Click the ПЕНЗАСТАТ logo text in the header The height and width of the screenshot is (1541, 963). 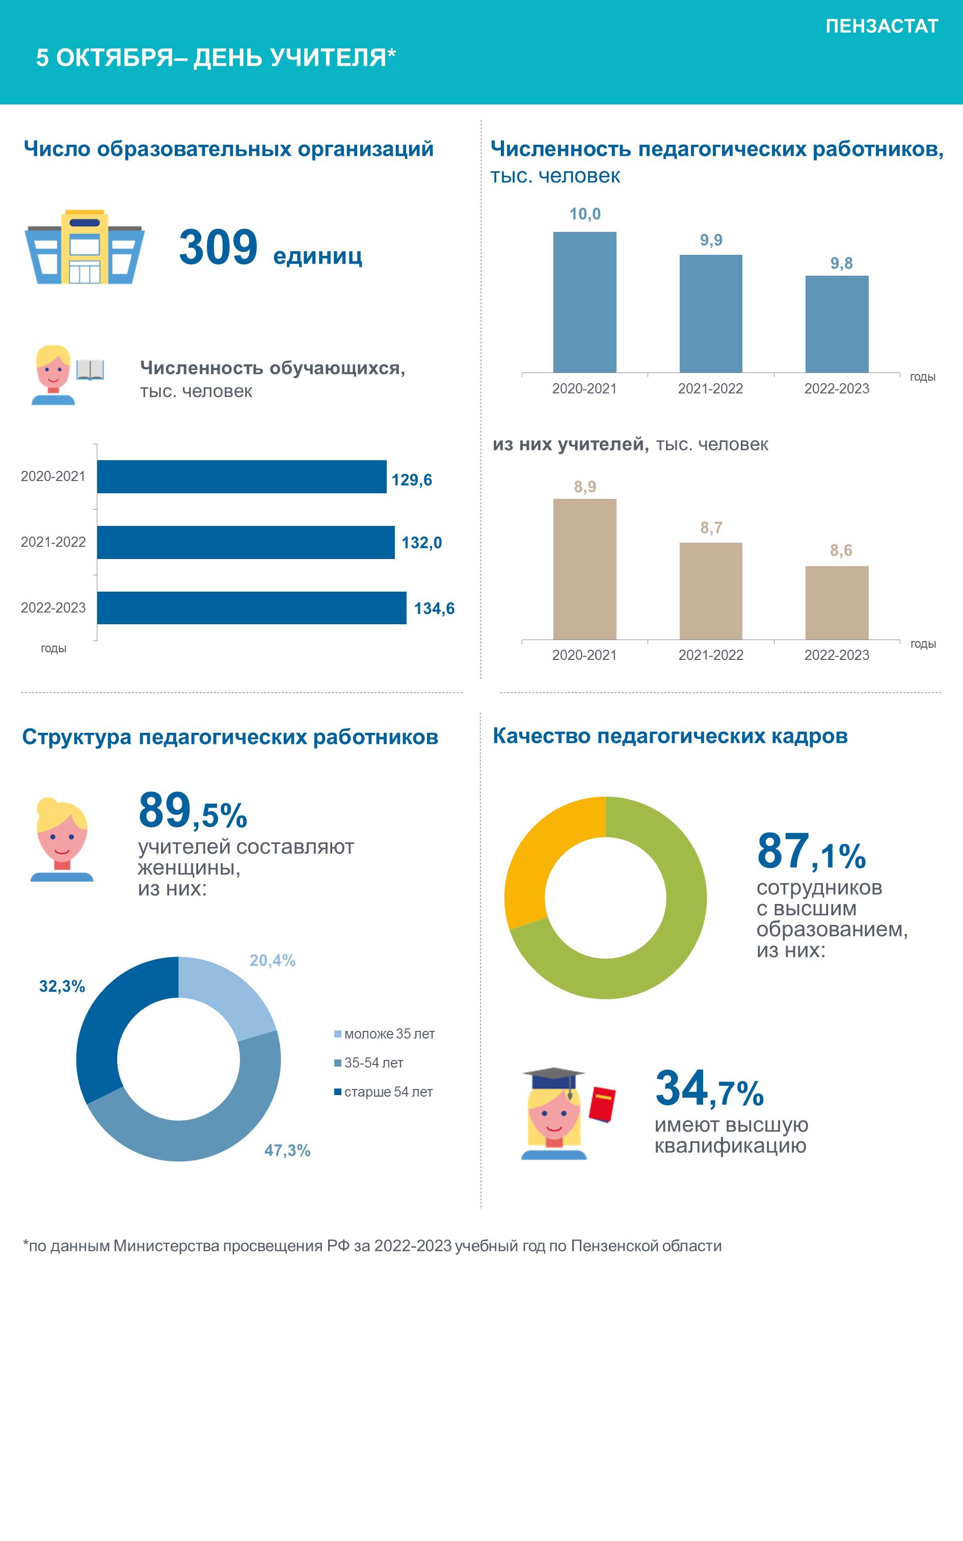tap(881, 26)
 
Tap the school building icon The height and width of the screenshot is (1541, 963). tap(85, 247)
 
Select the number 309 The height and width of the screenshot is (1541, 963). tap(219, 247)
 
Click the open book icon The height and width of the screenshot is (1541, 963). tap(90, 369)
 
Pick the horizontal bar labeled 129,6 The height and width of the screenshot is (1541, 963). tap(242, 476)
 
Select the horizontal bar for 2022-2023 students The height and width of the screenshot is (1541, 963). tap(252, 607)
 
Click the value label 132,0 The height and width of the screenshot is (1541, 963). tap(422, 543)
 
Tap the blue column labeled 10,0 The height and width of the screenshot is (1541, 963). tap(585, 302)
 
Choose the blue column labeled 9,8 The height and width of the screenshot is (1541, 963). tap(837, 324)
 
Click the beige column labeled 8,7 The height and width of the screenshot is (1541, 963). tap(711, 591)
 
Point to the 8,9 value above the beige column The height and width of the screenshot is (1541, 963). tap(585, 487)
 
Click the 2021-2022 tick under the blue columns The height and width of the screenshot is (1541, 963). tap(711, 388)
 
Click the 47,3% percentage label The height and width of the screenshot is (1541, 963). tap(287, 1150)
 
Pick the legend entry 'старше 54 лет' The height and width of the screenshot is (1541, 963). tap(383, 1092)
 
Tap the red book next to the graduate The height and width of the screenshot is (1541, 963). tap(602, 1104)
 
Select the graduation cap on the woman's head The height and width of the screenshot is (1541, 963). tap(553, 1081)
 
